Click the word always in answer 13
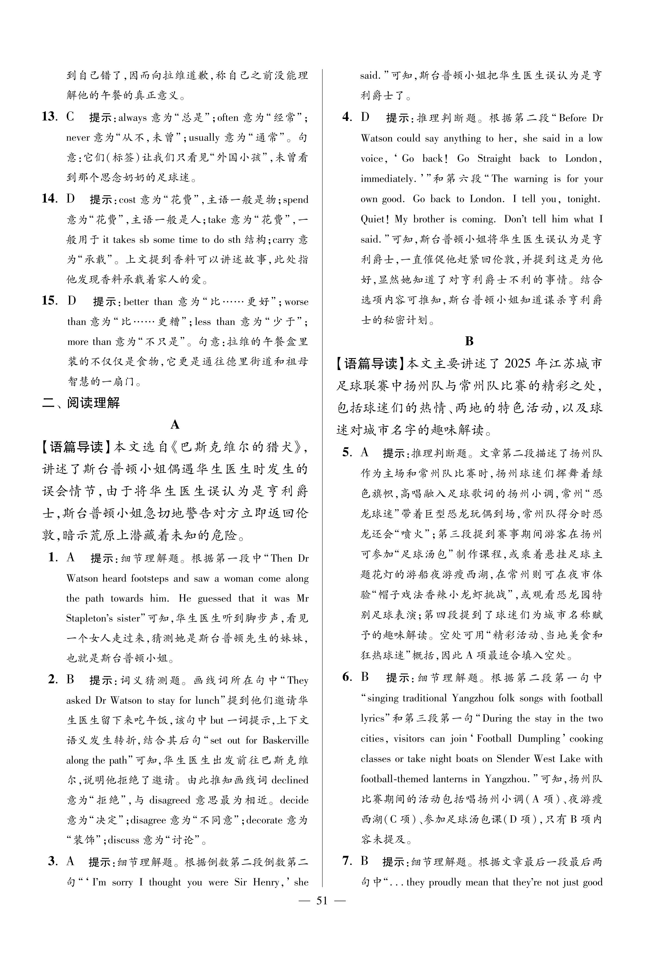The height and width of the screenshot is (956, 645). click(x=133, y=118)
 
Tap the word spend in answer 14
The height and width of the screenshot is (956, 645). click(x=295, y=200)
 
